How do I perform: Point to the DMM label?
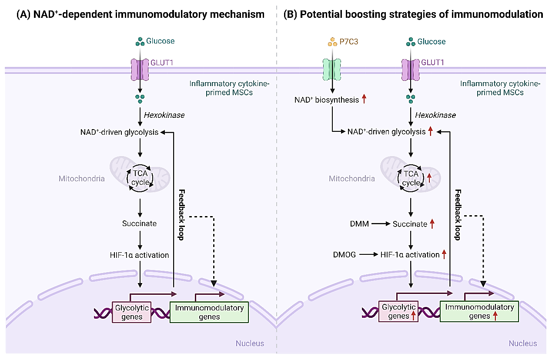coord(359,224)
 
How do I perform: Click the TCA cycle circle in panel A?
coord(140,178)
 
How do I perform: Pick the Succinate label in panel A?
coord(139,224)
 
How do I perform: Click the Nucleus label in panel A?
coord(250,343)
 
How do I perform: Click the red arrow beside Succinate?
coord(432,224)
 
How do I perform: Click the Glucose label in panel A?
coord(160,42)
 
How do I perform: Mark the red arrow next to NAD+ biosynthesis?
coord(364,100)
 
